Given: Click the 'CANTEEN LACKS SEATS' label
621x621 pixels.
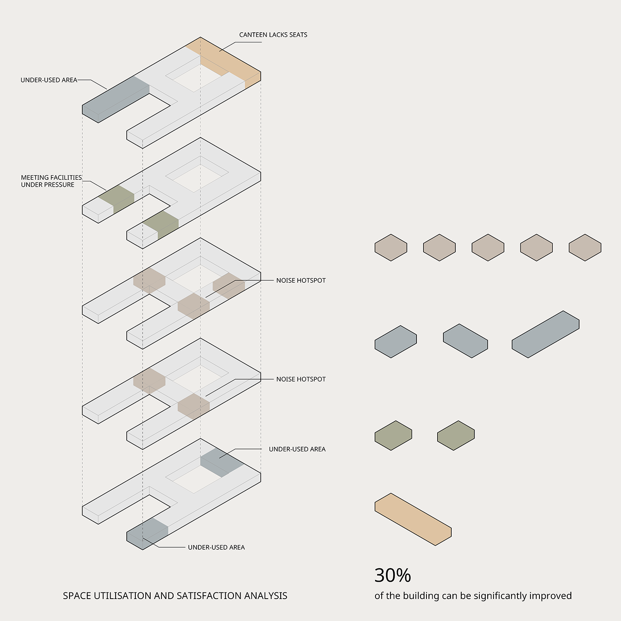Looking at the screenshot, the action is pyautogui.click(x=273, y=35).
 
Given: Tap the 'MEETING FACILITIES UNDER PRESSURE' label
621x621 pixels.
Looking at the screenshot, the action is pyautogui.click(x=51, y=181).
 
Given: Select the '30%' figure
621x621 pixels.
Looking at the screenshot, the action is pyautogui.click(x=392, y=575).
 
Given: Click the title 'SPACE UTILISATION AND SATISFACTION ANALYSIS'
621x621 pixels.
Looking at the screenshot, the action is pyautogui.click(x=175, y=596).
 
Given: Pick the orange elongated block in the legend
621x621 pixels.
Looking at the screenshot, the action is pyautogui.click(x=413, y=519).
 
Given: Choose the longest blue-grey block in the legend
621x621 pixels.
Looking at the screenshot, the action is pyautogui.click(x=545, y=334).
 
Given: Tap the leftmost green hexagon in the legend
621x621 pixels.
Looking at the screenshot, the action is pyautogui.click(x=393, y=435).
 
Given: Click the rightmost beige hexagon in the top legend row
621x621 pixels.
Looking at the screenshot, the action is pyautogui.click(x=585, y=248).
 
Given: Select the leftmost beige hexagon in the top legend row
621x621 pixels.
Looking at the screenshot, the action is pyautogui.click(x=391, y=248).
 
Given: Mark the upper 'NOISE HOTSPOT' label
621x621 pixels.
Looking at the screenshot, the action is pyautogui.click(x=301, y=280).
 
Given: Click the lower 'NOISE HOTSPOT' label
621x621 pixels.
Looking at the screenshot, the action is pyautogui.click(x=301, y=379).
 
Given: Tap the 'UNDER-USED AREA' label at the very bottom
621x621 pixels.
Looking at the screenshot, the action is pyautogui.click(x=216, y=547).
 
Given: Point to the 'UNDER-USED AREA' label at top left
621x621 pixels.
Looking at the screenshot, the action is pyautogui.click(x=49, y=80).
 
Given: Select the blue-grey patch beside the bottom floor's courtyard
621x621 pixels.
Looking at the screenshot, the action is pyautogui.click(x=221, y=462).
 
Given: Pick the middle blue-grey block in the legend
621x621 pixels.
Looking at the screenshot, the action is pyautogui.click(x=465, y=341).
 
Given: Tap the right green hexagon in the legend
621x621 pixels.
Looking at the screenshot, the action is pyautogui.click(x=455, y=435).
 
